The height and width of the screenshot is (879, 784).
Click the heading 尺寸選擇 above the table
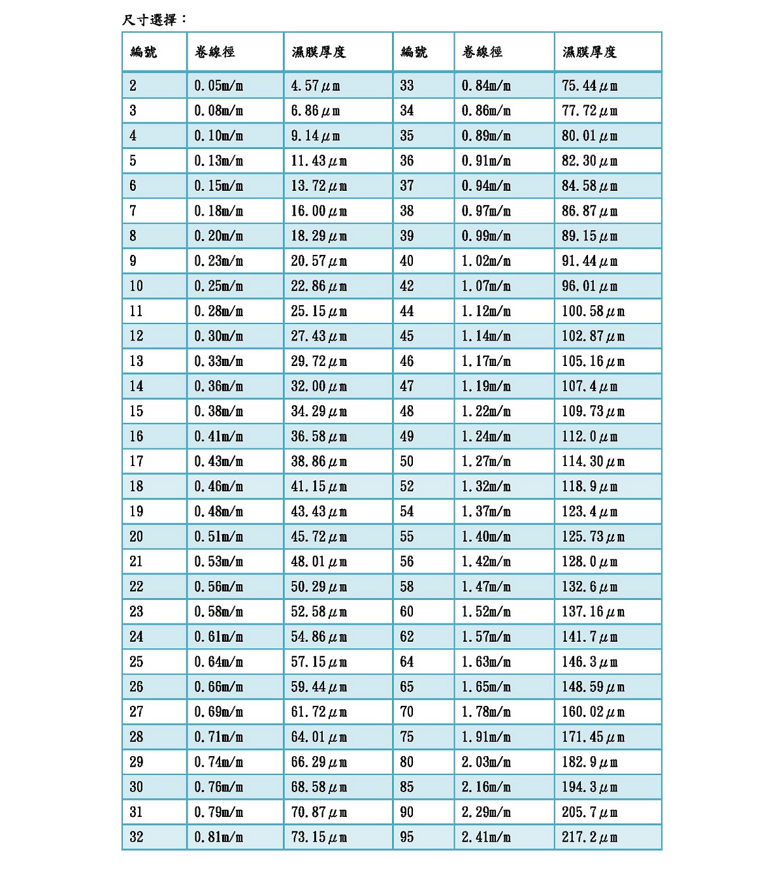(x=154, y=20)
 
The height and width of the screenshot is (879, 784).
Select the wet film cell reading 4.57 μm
(x=316, y=86)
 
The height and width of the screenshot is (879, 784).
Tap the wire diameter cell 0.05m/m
(x=218, y=86)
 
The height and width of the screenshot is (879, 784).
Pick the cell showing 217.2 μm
(x=589, y=837)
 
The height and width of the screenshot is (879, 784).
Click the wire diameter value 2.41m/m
(x=486, y=837)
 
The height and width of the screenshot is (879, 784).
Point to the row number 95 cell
(x=407, y=837)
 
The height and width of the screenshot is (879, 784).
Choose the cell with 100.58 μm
(x=593, y=311)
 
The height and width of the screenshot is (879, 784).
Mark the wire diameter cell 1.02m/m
(x=486, y=261)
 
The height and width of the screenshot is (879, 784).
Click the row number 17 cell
(x=137, y=461)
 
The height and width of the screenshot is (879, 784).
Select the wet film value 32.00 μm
(x=319, y=386)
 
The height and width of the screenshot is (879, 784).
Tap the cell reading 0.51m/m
(x=218, y=537)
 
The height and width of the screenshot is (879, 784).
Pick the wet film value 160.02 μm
(x=593, y=712)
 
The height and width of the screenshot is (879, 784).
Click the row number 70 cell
(x=407, y=712)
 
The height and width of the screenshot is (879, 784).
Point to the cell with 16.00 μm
(x=319, y=211)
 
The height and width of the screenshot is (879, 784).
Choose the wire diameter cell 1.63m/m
(x=486, y=662)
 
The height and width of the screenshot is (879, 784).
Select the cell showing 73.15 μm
(x=319, y=837)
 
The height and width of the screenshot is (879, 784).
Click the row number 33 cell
(x=407, y=86)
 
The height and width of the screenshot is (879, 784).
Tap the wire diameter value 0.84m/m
(x=486, y=86)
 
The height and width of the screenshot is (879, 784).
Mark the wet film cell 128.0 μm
(x=589, y=561)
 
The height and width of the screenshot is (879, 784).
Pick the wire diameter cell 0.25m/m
(x=218, y=286)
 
